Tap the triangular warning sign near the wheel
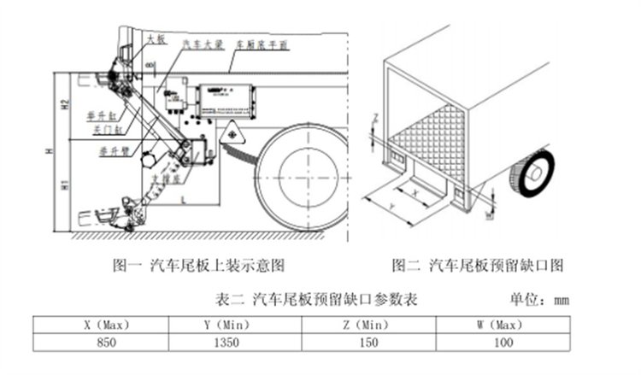coord(231,135)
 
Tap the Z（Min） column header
coord(369,325)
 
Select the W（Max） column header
coord(504,325)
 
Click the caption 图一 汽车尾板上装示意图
coord(198,265)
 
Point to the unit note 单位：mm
coord(539,300)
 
